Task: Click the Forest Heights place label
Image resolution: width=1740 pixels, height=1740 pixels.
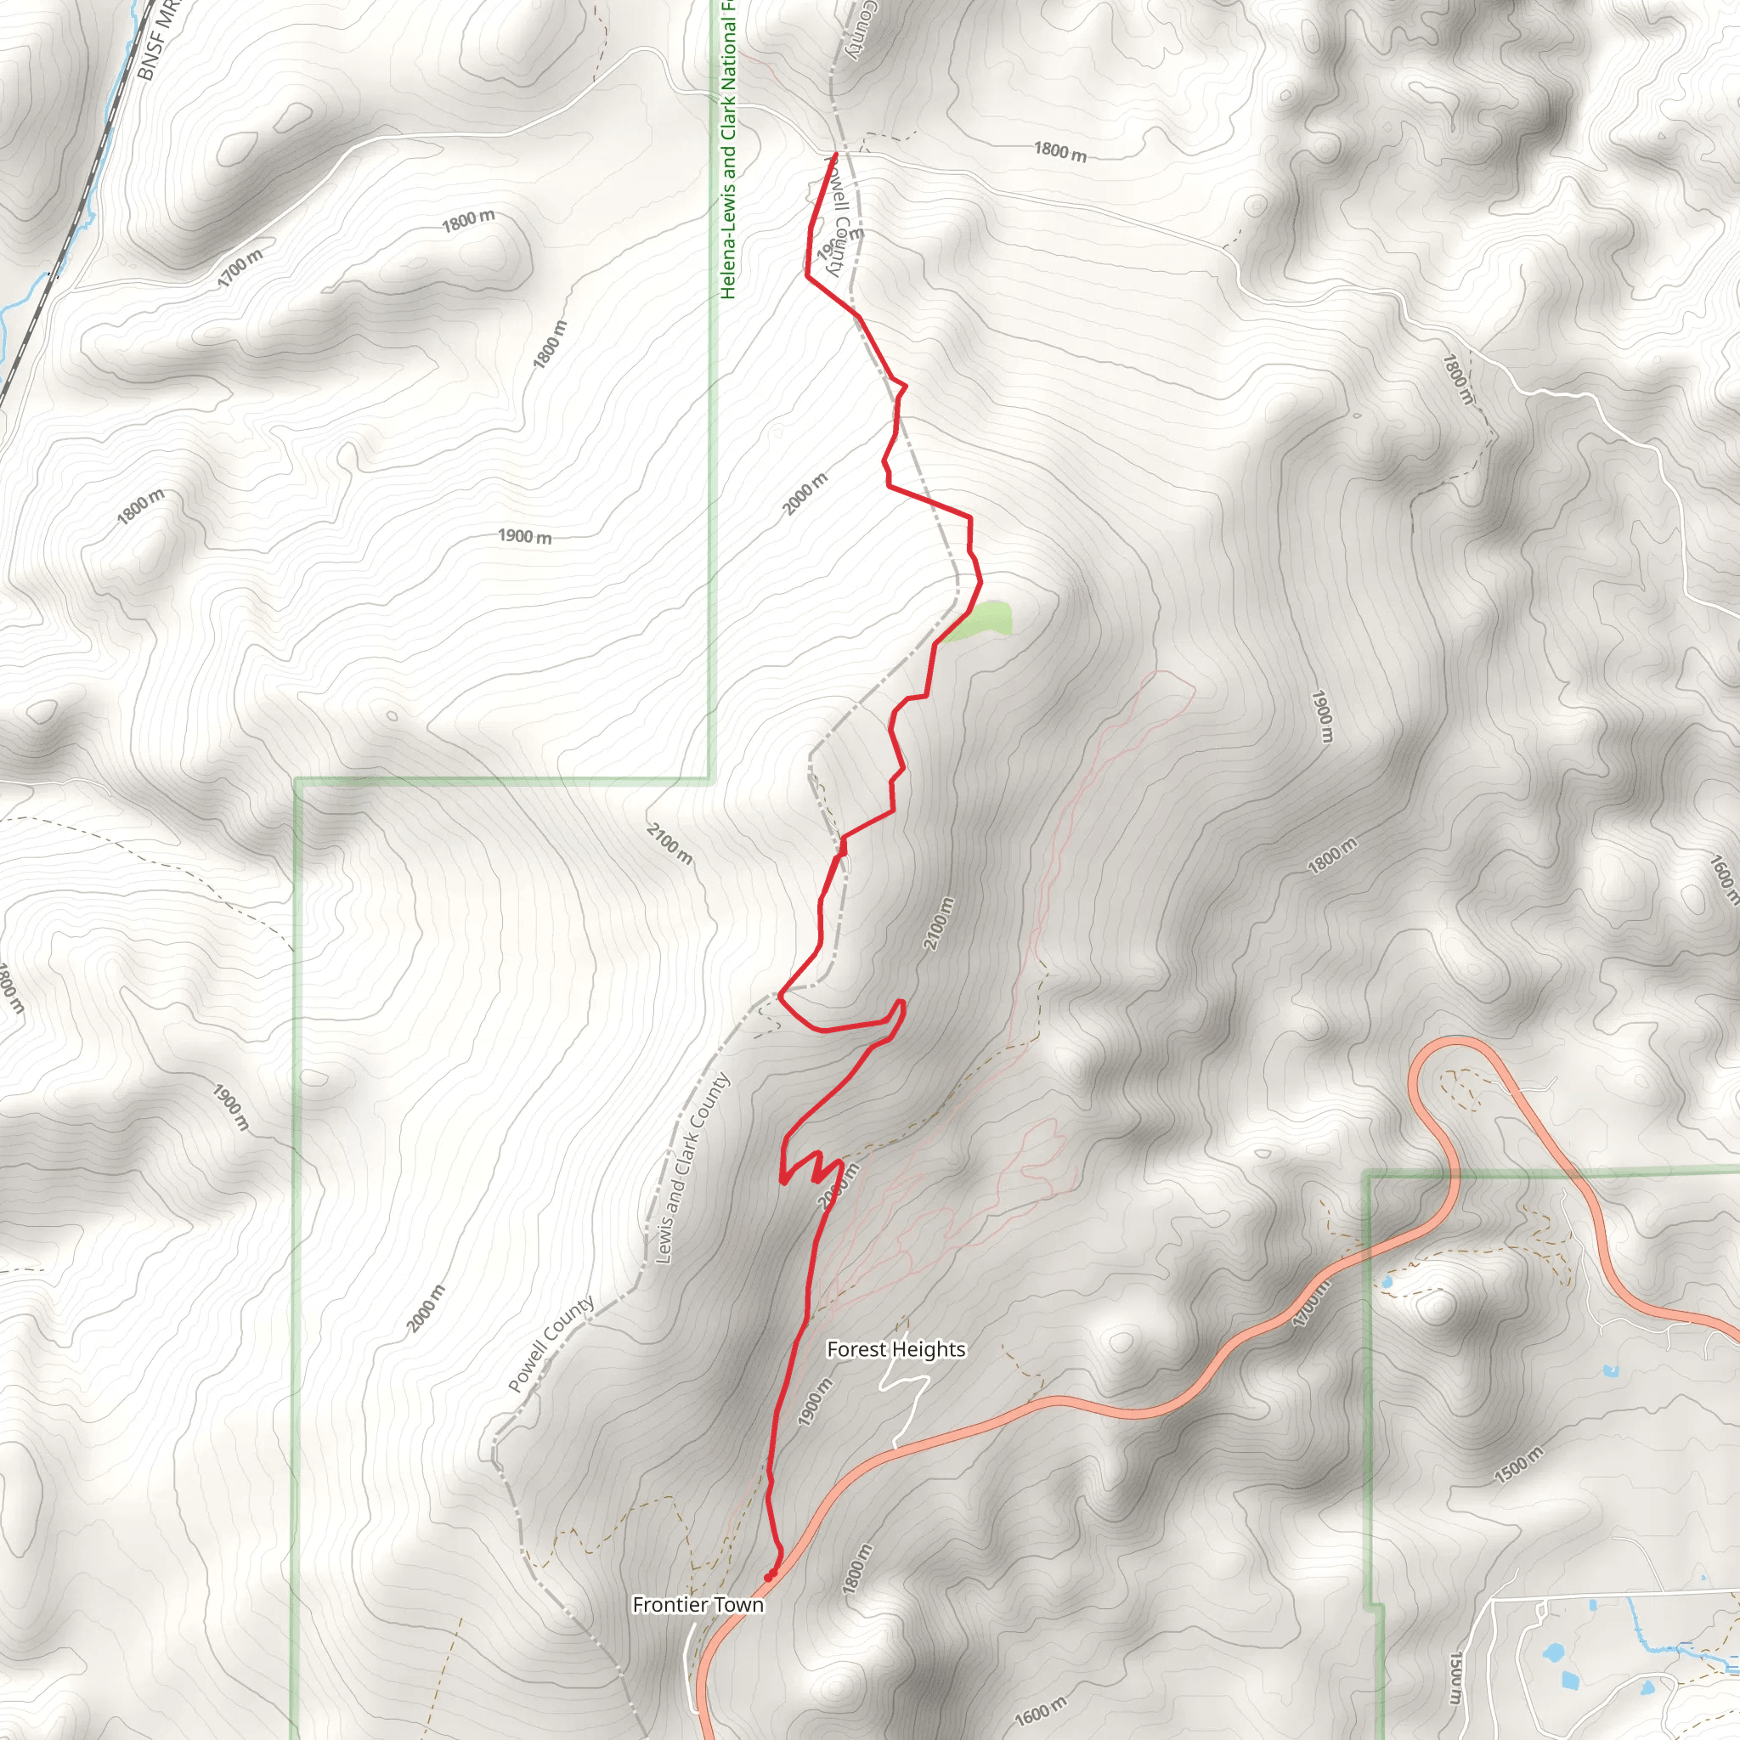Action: click(x=895, y=1349)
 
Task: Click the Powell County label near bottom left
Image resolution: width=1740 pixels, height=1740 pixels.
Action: click(x=551, y=1344)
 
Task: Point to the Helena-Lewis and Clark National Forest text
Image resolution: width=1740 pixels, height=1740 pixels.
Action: click(x=728, y=149)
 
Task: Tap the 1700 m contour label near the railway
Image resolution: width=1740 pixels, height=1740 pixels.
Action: click(x=240, y=268)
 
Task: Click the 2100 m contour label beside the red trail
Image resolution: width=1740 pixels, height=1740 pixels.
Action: click(x=938, y=924)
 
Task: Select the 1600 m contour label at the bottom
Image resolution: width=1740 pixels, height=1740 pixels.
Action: click(x=1040, y=1709)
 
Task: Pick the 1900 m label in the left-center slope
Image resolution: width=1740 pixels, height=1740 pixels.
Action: click(x=524, y=537)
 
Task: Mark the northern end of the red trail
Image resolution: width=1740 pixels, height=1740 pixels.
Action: click(x=835, y=155)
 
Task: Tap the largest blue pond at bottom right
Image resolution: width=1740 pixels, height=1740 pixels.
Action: click(x=1551, y=1653)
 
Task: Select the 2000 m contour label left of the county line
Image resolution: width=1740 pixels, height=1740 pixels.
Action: click(x=426, y=1308)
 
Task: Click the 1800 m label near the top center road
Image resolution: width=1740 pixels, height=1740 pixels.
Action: click(x=1059, y=151)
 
